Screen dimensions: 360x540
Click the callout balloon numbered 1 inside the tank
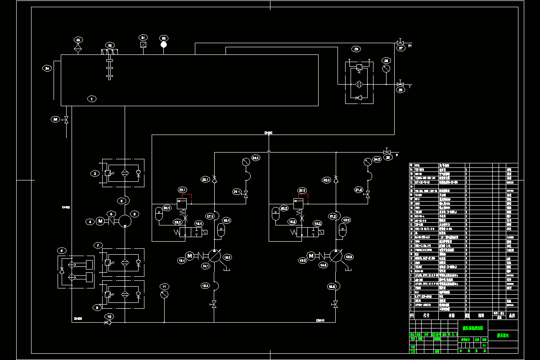coord(92,99)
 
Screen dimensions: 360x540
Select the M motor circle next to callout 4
coord(100,221)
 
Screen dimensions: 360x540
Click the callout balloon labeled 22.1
coord(182,190)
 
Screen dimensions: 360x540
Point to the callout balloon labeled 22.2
coord(302,190)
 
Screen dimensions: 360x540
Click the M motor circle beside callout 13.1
coord(189,256)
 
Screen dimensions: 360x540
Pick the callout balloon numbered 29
coord(356,49)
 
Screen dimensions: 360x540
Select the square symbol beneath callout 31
coord(143,45)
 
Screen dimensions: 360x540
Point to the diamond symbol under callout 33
coord(77,46)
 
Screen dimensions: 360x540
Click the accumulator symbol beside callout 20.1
coord(158,213)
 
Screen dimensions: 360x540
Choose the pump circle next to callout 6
coord(125,221)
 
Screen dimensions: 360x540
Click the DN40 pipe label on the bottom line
coord(320,320)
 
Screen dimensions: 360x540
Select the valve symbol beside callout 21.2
coord(368,195)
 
